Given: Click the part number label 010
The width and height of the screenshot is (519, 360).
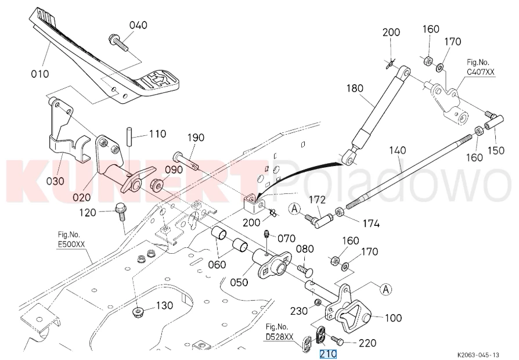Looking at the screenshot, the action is pos(39,74).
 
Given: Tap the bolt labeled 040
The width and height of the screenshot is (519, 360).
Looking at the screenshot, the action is pos(118,43).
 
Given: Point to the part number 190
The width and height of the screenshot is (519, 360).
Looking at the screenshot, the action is pos(196,138).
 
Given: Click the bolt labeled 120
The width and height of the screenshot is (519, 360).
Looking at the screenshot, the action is pos(121,213).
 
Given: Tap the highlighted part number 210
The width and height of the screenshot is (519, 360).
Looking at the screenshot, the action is pos(328,354).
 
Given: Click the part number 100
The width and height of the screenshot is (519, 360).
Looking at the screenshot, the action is pos(393,318).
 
